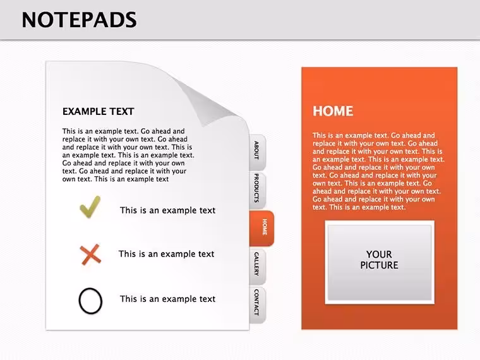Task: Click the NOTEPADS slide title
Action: click(80, 20)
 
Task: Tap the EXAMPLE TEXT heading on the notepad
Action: click(99, 111)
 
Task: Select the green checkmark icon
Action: click(90, 207)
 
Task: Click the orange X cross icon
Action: click(90, 255)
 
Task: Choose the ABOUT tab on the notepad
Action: click(257, 152)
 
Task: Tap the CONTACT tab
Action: click(257, 304)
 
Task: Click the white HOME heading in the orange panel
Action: click(333, 111)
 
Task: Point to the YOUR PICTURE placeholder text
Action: click(379, 260)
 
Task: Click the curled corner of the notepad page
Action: click(205, 101)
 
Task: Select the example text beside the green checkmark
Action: click(167, 210)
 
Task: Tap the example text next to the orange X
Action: click(166, 254)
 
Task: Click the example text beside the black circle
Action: click(167, 299)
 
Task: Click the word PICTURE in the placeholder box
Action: click(379, 265)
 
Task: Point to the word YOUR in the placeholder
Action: click(379, 255)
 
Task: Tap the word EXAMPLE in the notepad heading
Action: click(84, 111)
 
